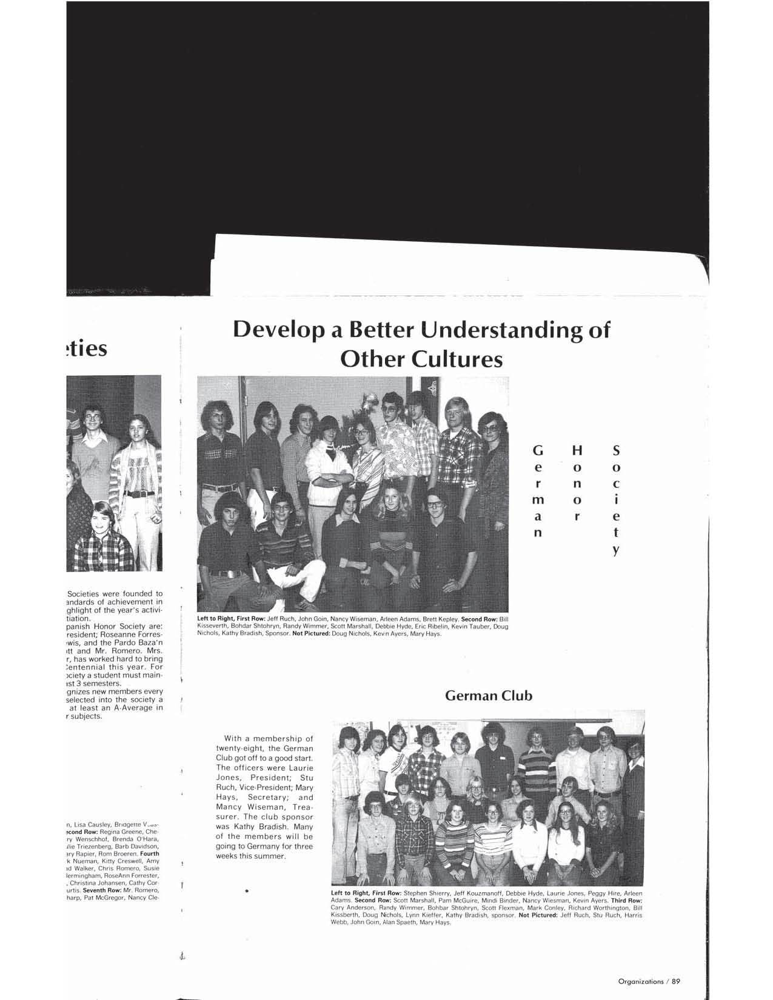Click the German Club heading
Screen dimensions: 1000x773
tap(489, 696)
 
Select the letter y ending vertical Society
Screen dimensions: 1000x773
tap(616, 550)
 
